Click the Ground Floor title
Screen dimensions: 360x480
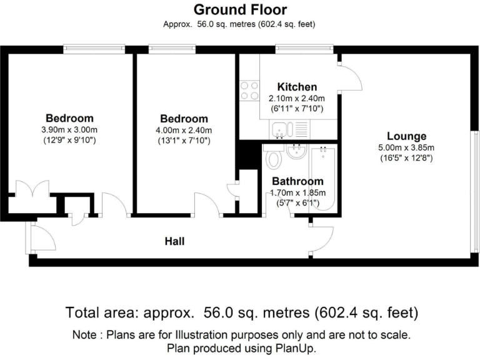(x=240, y=9)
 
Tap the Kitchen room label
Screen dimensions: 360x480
(x=297, y=87)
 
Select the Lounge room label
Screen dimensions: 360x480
(x=406, y=136)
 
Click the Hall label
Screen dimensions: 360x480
(x=174, y=241)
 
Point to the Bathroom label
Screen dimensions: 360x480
(x=297, y=182)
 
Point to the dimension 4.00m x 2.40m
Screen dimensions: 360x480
(x=184, y=130)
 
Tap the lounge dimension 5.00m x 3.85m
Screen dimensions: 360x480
(x=406, y=147)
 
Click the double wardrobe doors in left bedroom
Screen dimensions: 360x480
(x=32, y=189)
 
